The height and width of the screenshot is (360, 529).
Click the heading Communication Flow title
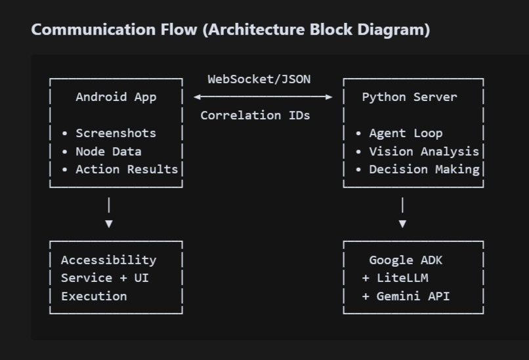230,30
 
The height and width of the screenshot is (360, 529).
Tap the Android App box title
116,97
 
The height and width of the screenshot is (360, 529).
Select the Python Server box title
410,97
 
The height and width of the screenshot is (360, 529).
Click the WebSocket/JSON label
259,79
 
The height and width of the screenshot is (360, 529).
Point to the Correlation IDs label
255,115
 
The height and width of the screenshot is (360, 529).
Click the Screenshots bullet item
116,133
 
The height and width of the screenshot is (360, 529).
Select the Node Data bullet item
108,151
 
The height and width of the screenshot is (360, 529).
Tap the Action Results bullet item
127,169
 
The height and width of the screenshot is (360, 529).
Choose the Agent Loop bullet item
406,133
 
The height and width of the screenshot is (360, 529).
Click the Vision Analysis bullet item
423,151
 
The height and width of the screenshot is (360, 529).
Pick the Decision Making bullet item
423,169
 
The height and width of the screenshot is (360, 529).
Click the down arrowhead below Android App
109,224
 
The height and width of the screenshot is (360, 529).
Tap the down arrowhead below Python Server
402,224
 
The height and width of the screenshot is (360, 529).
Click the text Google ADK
406,260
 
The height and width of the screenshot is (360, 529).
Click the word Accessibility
108,260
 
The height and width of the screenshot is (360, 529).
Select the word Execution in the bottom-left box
94,296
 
